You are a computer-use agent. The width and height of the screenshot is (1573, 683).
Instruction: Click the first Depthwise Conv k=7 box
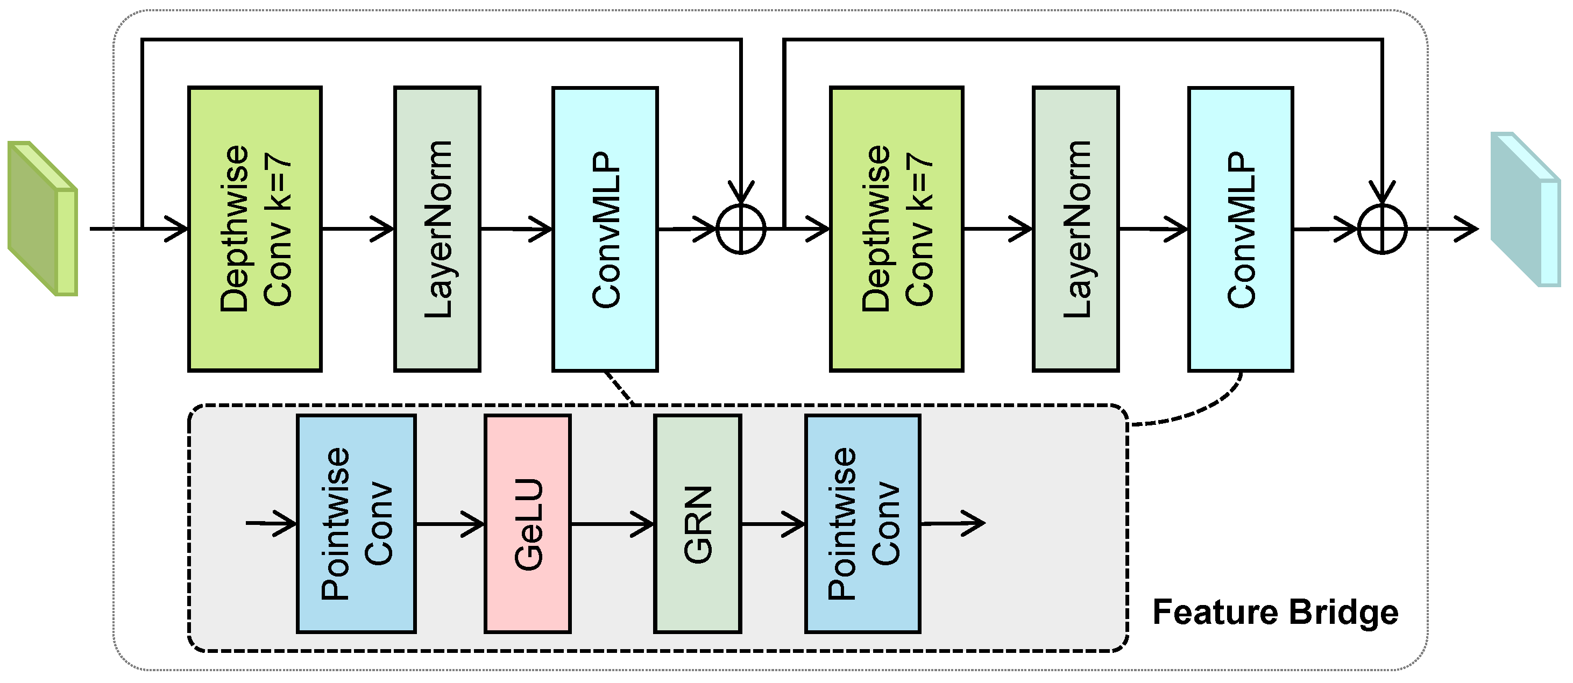point(254,229)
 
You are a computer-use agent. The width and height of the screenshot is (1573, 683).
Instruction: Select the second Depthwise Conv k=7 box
point(896,229)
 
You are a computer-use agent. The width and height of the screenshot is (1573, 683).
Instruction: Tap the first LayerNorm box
point(437,229)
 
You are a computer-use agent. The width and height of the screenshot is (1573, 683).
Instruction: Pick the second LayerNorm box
point(1075,229)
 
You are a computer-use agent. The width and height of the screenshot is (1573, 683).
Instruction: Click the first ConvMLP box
point(605,229)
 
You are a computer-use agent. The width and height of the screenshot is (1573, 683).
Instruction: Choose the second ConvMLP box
point(1240,229)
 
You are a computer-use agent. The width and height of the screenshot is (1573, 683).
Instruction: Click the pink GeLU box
point(528,524)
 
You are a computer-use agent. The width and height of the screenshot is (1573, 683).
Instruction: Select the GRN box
point(697,524)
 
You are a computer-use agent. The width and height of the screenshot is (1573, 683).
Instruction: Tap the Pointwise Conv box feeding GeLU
point(357,524)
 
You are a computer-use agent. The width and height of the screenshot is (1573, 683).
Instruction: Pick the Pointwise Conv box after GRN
point(862,524)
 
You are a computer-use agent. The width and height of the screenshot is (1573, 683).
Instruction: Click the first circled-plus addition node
point(740,230)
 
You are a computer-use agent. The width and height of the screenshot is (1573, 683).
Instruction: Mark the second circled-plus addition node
point(1382,230)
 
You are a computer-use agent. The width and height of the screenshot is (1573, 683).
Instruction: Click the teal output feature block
point(1525,209)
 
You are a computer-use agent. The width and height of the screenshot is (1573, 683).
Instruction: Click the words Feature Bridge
point(1275,612)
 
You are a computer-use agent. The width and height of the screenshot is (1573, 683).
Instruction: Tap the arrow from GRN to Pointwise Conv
point(773,524)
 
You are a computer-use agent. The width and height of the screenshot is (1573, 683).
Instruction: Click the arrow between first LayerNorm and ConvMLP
point(516,229)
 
